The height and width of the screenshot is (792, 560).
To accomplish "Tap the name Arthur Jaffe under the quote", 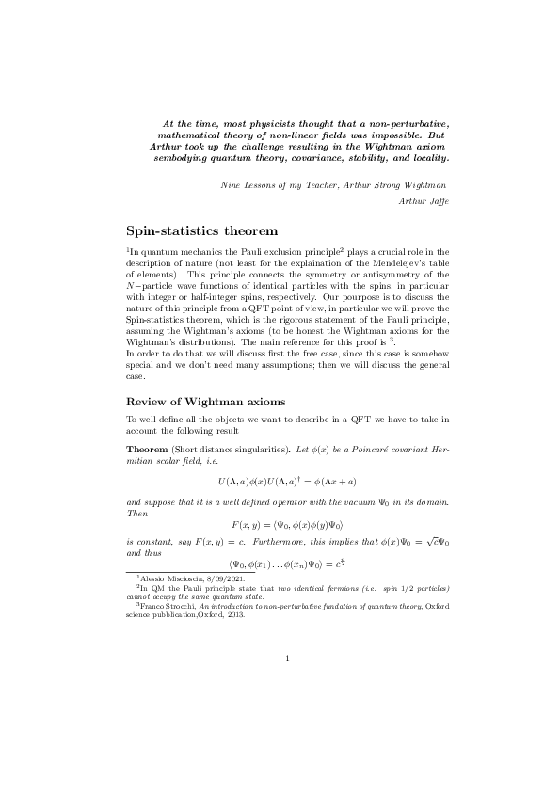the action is tap(425, 202).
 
